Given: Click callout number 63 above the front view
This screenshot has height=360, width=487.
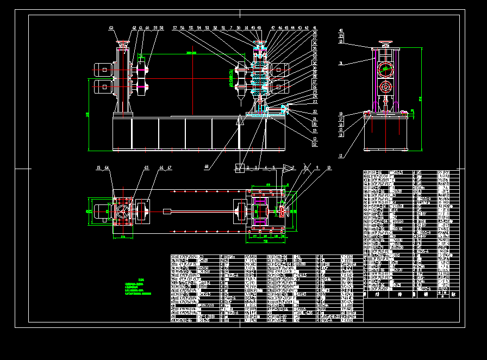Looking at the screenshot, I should click(111, 27).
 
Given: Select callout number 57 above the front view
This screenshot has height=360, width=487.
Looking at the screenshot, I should click(175, 27).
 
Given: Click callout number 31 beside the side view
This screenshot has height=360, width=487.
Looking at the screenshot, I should click(341, 64).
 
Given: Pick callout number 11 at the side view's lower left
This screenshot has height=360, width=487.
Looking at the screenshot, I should click(341, 156).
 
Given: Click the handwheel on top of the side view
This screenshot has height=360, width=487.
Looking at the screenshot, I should click(386, 42).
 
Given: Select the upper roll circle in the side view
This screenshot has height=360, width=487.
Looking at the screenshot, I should click(386, 69).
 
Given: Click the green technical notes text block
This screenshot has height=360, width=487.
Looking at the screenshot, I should click(138, 287).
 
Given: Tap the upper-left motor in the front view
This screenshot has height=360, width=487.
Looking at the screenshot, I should click(103, 69).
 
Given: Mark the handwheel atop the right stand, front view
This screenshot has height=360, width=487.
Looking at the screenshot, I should click(260, 43).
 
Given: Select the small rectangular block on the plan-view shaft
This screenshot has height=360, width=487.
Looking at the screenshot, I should click(167, 211).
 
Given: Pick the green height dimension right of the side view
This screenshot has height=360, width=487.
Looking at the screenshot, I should click(420, 98).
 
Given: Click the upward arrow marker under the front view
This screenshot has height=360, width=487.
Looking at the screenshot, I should click(240, 122).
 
